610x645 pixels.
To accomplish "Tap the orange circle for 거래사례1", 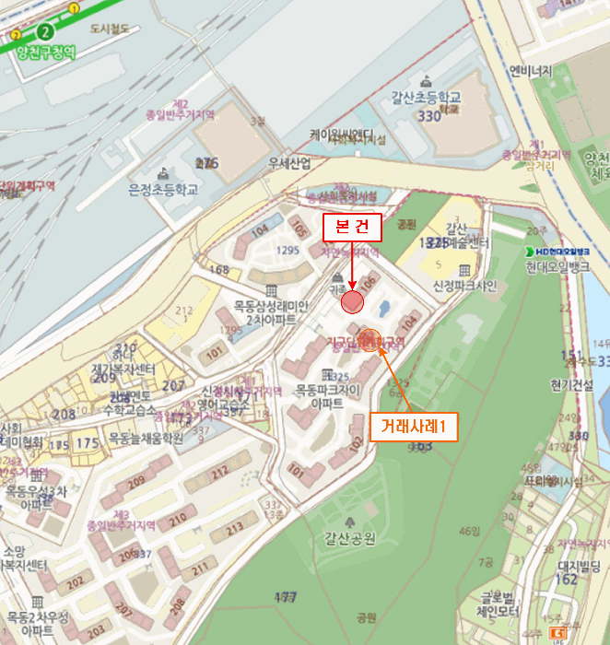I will click(370, 340).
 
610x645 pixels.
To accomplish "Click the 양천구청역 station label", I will click(45, 52).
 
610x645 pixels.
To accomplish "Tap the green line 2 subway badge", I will click(45, 29).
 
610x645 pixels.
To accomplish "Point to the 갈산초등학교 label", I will click(425, 99).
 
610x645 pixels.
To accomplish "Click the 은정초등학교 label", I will click(163, 190).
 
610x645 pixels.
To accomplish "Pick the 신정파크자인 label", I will click(464, 286).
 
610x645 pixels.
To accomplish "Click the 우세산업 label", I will click(288, 163).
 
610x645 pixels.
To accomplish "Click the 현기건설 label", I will click(575, 385).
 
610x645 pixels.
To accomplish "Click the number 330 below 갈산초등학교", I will click(429, 116).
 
